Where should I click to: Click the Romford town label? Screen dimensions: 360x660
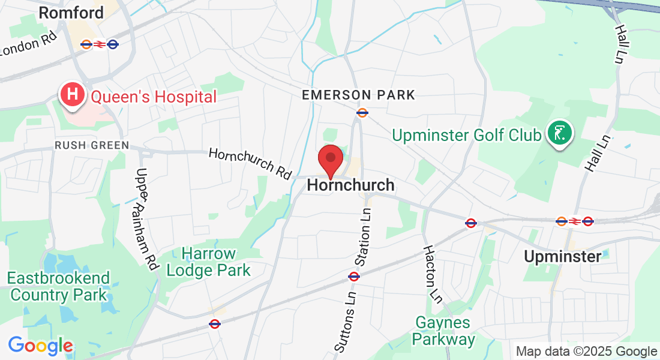71,12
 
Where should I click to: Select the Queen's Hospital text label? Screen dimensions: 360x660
154,97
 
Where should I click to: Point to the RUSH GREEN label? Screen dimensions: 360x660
91,145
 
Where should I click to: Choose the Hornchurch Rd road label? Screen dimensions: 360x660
250,163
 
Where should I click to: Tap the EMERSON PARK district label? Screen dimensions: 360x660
358,95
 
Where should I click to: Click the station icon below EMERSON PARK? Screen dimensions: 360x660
362,112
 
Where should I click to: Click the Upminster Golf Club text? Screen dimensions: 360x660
467,135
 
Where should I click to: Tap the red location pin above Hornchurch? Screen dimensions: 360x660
330,160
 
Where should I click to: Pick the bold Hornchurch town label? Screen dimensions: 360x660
350,185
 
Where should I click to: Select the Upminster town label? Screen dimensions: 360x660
562,257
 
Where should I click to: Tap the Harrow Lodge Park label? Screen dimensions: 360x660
209,262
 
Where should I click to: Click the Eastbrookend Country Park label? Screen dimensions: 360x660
58,286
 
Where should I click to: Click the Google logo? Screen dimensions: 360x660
40,346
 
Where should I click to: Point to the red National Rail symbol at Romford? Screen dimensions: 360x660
100,44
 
